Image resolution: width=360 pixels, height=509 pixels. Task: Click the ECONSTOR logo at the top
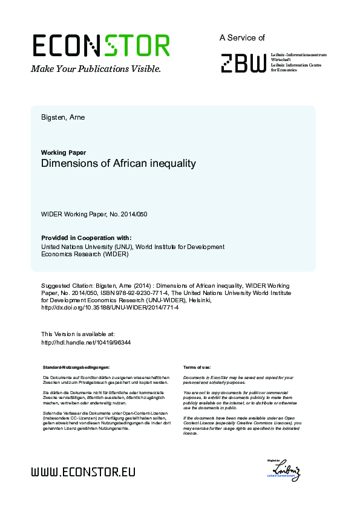tap(101, 46)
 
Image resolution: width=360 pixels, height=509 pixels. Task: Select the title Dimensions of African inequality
tap(119, 163)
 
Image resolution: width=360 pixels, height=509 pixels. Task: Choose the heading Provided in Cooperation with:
tap(86, 238)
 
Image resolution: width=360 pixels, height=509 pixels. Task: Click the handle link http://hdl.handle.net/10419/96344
tap(86, 342)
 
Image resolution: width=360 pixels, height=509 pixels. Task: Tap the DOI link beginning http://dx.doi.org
tap(110, 308)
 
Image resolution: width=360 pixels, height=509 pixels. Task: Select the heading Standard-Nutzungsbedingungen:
tap(76, 368)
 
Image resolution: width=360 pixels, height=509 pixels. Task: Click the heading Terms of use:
tap(197, 368)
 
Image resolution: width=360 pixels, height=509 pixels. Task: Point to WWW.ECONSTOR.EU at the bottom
tap(83, 472)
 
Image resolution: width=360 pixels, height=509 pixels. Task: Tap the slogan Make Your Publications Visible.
tap(96, 70)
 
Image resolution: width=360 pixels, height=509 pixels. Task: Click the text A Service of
tap(242, 37)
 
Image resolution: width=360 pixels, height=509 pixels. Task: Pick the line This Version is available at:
tap(77, 334)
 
